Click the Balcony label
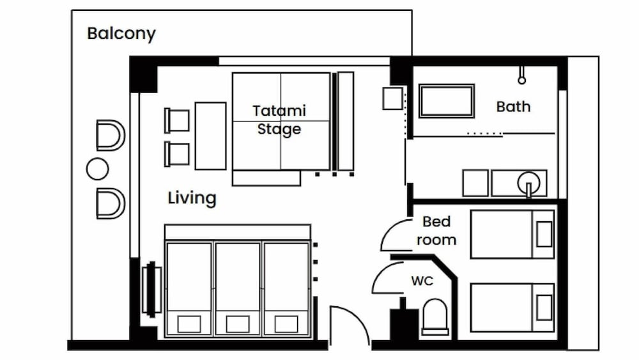click(121, 34)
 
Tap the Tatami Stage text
click(279, 120)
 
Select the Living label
click(192, 198)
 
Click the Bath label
click(513, 107)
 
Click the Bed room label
click(436, 231)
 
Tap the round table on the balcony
click(97, 169)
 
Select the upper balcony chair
click(110, 136)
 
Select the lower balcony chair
click(110, 203)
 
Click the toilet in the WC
click(436, 317)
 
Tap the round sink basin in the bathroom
click(529, 182)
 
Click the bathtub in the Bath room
click(447, 101)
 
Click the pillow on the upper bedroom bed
click(544, 234)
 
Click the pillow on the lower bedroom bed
click(544, 308)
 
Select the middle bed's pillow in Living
click(237, 324)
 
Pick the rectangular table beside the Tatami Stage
click(210, 136)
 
